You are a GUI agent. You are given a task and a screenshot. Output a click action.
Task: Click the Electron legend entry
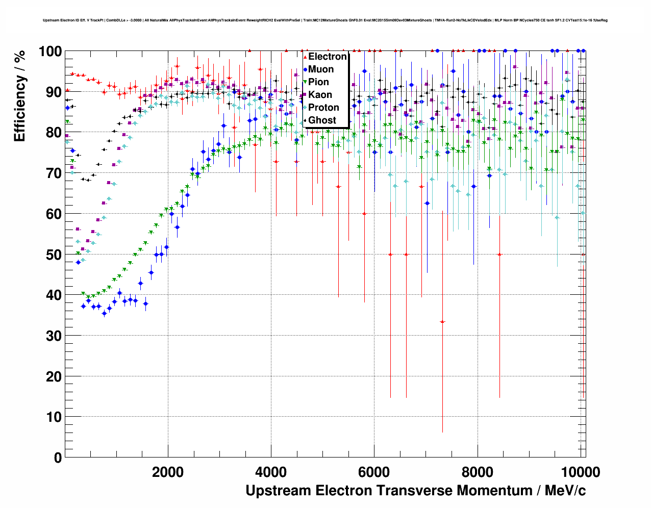[327, 57]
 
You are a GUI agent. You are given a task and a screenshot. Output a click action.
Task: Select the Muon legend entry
[320, 69]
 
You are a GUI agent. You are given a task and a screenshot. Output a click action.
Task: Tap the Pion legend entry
[318, 82]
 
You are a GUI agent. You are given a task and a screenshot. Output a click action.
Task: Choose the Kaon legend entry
[320, 95]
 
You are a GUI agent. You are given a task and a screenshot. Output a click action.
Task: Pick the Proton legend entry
[323, 108]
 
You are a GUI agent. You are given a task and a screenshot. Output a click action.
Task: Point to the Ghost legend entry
[322, 120]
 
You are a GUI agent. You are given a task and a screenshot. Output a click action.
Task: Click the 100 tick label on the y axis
[51, 52]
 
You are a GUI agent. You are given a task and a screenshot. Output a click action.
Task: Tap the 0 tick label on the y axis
[58, 458]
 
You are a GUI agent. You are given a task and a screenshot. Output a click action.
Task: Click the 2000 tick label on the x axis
[168, 472]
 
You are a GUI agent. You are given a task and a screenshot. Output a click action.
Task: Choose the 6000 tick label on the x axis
[374, 472]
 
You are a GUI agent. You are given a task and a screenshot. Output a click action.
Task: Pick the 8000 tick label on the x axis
[477, 472]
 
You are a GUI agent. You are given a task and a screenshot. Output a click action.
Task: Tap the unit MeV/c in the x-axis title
[565, 491]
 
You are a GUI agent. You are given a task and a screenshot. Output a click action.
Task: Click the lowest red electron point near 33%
[442, 322]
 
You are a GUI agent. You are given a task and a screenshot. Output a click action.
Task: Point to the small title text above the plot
[325, 20]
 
